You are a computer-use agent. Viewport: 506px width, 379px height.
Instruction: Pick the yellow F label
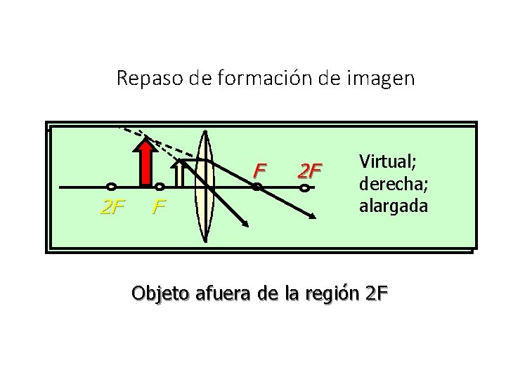[160, 208]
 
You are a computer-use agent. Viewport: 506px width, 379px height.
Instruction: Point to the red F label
[261, 170]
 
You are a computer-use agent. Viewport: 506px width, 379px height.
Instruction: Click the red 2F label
[310, 170]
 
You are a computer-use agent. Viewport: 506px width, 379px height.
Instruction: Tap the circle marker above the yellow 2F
[111, 187]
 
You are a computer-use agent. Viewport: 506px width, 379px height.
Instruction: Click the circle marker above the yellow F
[160, 187]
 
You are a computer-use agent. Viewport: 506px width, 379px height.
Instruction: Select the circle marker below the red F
[257, 187]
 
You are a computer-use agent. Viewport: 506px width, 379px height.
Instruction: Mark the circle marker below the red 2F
[304, 187]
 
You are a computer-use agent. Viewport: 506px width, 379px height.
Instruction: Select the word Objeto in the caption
[158, 293]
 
